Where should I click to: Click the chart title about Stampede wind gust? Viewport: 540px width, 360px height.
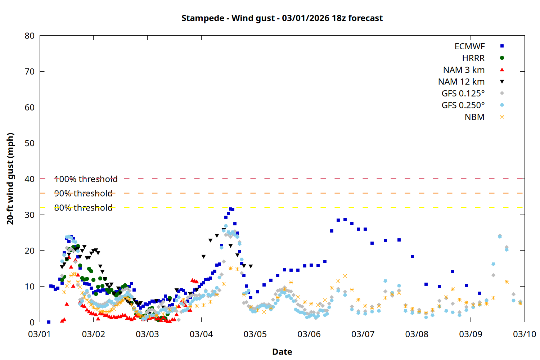282,18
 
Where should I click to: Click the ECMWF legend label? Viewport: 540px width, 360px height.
469,46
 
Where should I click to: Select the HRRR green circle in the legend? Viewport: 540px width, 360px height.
502,58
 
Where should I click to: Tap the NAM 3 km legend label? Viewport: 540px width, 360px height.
464,70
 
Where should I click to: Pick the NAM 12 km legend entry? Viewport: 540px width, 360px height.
461,82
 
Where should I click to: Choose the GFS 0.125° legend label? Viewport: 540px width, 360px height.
463,94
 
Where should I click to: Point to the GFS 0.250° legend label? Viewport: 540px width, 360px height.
463,105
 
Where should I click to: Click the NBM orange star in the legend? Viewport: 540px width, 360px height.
502,117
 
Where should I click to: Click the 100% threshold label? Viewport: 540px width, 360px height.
86,179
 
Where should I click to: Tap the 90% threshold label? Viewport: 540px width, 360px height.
83,193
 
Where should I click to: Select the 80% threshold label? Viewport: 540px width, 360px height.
83,208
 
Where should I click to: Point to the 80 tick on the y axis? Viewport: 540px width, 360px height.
30,36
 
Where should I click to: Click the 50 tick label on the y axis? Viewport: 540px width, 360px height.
30,143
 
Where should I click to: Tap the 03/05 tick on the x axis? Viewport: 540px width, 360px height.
255,334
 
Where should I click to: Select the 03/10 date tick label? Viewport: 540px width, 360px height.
524,334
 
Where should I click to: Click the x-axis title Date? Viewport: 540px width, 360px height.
282,352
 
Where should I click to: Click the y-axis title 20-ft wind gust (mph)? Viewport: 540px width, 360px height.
10,179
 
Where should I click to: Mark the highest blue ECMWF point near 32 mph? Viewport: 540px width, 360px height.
230,209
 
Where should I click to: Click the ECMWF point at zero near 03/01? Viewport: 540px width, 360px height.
49,322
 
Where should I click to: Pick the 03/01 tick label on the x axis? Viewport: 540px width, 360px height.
40,334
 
